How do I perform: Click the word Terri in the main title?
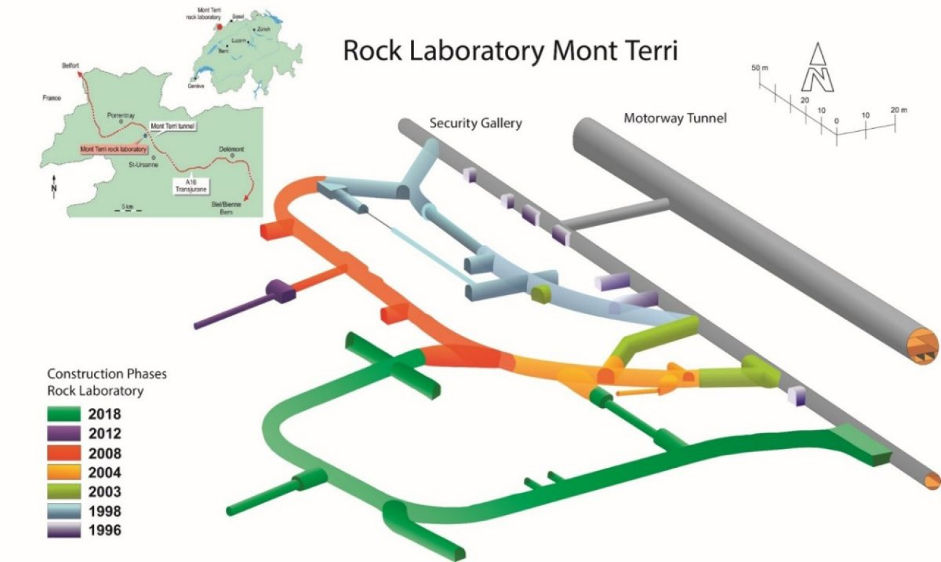coord(643,50)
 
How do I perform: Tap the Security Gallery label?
coord(475,123)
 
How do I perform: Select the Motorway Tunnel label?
coord(675,118)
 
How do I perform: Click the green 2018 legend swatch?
coord(64,414)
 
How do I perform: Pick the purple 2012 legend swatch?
coord(64,433)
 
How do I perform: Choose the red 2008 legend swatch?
coord(64,453)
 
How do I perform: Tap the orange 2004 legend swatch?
coord(64,472)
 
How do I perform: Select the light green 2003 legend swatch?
coord(64,492)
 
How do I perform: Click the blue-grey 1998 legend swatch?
coord(64,511)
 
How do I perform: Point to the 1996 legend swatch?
coord(64,530)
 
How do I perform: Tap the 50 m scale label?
coord(759,68)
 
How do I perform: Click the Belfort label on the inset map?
coord(70,66)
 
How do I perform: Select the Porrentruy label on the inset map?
coord(121,116)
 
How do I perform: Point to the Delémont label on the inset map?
coord(231,149)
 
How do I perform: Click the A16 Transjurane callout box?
coord(191,185)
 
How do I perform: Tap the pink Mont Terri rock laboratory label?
coord(114,149)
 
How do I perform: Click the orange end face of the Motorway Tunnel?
coord(923,347)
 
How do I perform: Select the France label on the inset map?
coord(52,98)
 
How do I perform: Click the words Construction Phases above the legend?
coord(107,374)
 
